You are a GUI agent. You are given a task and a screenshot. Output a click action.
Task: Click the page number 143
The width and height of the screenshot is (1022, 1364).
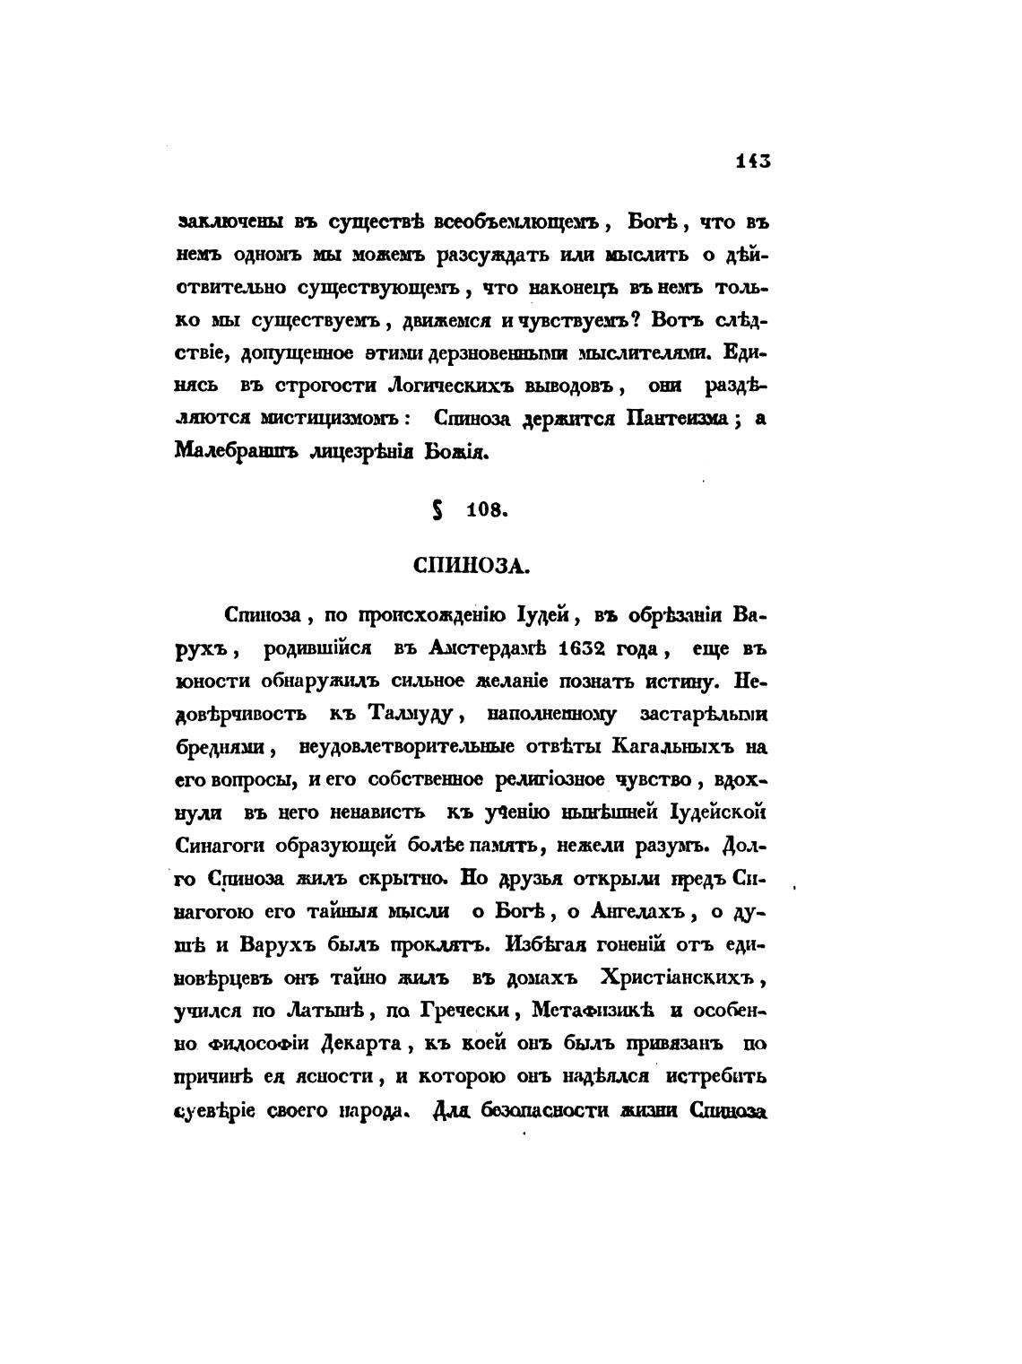click(753, 161)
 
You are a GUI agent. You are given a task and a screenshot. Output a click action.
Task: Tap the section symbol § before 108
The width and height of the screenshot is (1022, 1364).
click(437, 511)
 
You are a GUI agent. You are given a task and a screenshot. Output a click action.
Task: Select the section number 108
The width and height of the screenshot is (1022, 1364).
click(488, 512)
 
